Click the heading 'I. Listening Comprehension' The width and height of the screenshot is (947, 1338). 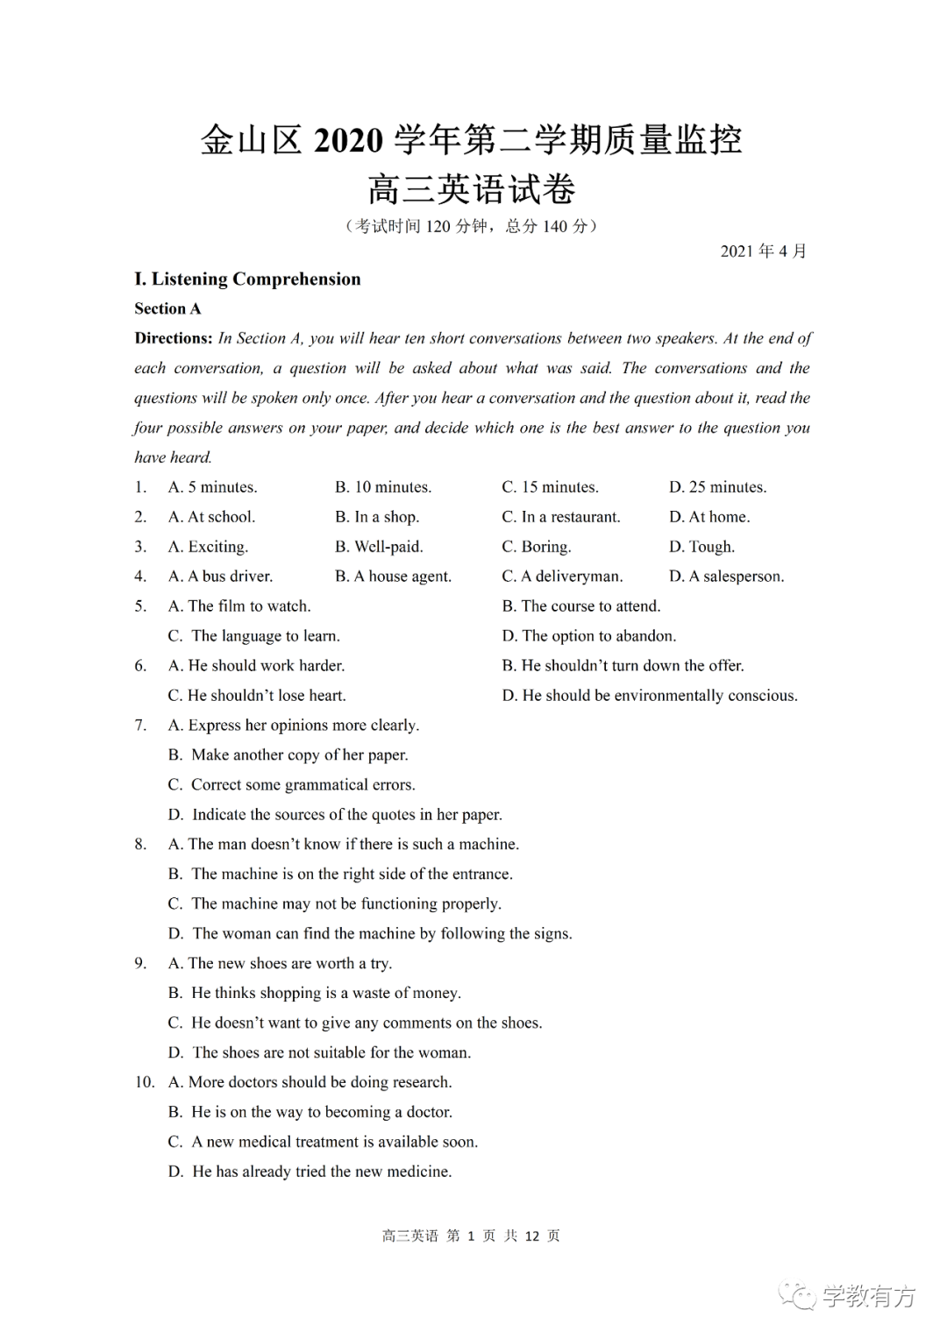(x=247, y=280)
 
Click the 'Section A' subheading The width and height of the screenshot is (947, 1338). (x=167, y=308)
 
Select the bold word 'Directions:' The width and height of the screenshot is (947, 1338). (x=174, y=338)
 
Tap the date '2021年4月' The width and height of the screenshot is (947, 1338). (x=763, y=251)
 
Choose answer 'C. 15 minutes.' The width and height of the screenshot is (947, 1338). (x=550, y=487)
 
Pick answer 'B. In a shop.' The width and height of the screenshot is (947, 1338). (x=377, y=517)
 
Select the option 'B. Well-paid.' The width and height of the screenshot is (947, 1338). (x=379, y=547)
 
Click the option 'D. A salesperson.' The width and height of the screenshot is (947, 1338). (x=726, y=577)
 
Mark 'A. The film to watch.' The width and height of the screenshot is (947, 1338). (x=239, y=606)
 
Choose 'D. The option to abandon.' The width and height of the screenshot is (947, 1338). (x=588, y=636)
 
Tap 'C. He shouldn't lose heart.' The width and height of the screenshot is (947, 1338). (x=257, y=696)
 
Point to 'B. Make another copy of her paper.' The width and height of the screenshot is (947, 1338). (x=288, y=755)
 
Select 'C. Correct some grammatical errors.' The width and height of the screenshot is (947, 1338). (x=291, y=785)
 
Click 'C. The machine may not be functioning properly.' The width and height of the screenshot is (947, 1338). (x=334, y=904)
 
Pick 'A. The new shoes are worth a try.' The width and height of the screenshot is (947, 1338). (x=280, y=964)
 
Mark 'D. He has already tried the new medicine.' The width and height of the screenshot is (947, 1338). (x=310, y=1172)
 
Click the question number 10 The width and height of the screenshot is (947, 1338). (x=144, y=1083)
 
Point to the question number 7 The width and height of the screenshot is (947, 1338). (x=140, y=726)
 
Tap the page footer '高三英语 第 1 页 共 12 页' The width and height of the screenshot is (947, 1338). (x=471, y=1236)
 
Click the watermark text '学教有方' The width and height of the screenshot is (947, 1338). (x=868, y=1296)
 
